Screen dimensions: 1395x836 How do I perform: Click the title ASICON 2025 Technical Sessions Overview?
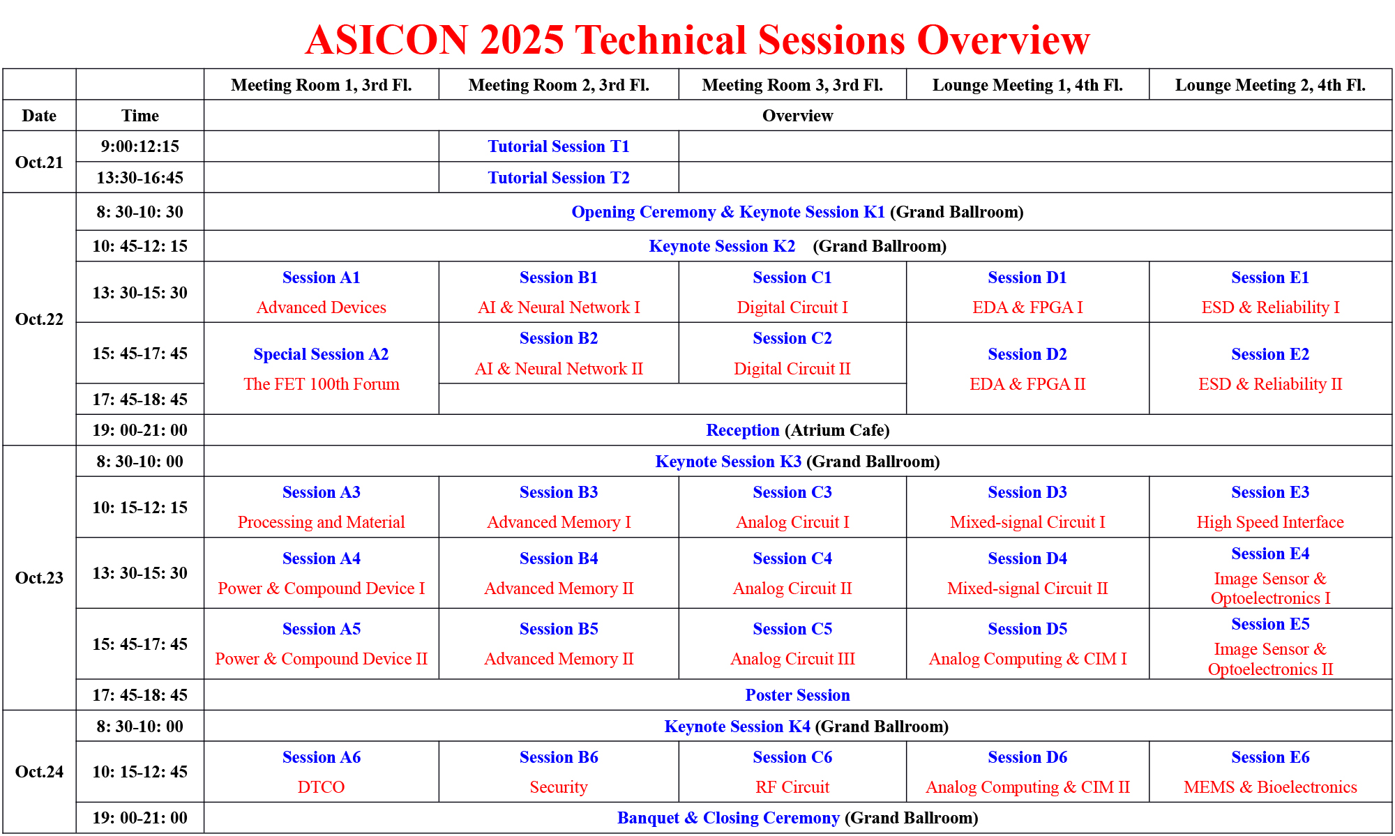coord(697,39)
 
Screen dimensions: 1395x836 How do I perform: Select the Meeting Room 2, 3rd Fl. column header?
coord(559,84)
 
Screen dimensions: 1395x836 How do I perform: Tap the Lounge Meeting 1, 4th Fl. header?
coord(1027,84)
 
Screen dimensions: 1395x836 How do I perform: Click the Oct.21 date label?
coord(39,162)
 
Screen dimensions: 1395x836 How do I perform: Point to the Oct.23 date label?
coord(39,577)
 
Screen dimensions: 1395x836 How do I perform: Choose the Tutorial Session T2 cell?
coord(559,177)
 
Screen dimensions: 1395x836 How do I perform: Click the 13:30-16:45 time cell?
coord(139,177)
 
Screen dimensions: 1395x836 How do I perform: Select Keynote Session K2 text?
coord(722,245)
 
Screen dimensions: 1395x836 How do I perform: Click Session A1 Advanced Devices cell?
coord(322,292)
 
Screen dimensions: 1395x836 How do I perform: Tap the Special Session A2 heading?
coord(321,354)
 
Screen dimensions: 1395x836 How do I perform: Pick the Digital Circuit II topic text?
coord(792,368)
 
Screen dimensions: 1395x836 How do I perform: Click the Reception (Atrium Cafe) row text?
coord(798,430)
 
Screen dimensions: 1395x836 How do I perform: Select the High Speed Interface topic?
coord(1270,522)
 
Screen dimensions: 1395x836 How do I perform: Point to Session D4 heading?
coord(1027,558)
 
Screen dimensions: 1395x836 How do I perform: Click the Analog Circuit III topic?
coord(792,658)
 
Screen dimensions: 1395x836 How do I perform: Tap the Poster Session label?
coord(798,694)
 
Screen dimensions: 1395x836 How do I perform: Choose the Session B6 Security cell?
coord(559,772)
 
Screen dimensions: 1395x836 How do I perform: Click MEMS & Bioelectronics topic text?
coord(1270,786)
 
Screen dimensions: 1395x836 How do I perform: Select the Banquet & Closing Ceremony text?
coord(728,817)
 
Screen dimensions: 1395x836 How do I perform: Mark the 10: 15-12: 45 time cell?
coord(139,772)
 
